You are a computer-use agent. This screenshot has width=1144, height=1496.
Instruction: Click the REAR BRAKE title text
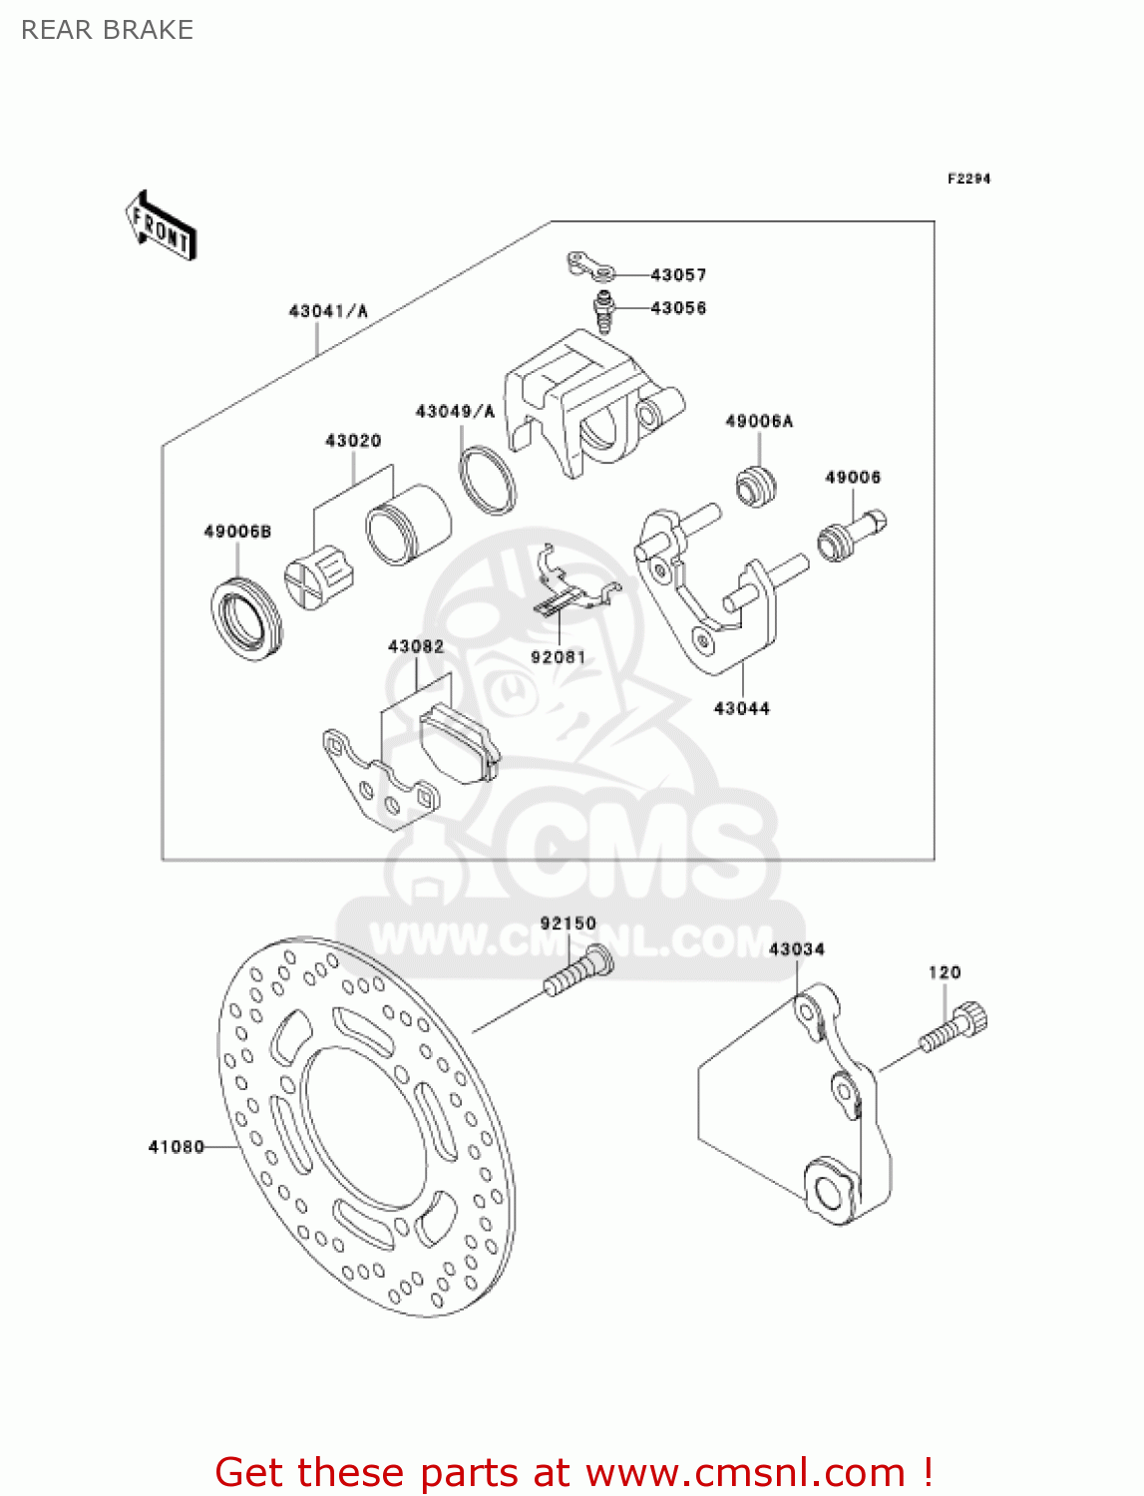pos(107,30)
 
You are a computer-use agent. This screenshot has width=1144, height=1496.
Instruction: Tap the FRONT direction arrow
pos(161,226)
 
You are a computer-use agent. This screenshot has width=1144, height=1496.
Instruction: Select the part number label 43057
pos(678,274)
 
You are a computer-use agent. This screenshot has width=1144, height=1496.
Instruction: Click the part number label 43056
pos(678,308)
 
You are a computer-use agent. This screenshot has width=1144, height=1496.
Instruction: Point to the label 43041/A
pos(328,311)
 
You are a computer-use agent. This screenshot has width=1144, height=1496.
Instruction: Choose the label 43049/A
pos(455,411)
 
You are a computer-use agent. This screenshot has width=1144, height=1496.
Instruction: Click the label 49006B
pos(237,532)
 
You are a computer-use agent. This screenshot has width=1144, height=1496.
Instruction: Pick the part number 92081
pos(559,657)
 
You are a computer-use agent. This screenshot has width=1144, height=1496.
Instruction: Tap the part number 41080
pos(176,1147)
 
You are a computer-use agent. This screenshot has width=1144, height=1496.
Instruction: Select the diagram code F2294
pos(968,179)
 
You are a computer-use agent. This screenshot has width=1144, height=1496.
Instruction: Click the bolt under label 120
pos(954,1028)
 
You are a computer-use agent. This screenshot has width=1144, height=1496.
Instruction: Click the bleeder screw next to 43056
pos(602,311)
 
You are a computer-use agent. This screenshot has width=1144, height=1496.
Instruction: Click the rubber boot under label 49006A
pos(756,485)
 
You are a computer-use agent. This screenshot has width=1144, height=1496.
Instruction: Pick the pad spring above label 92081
pos(569,588)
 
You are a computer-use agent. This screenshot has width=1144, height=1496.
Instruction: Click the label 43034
pos(797,949)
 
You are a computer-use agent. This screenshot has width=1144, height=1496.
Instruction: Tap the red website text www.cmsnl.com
pos(744,1472)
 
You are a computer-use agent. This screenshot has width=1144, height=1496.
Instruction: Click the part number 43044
pos(742,708)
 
